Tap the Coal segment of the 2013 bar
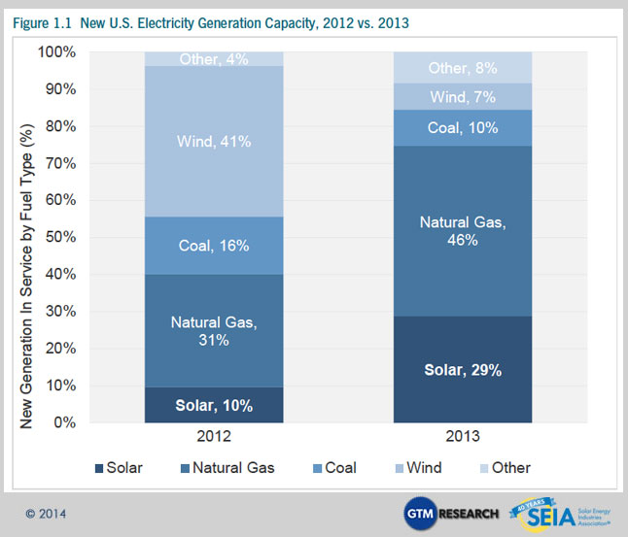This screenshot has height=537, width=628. click(463, 127)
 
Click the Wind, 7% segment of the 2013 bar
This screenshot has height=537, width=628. click(463, 96)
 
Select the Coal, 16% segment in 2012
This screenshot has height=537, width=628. click(214, 246)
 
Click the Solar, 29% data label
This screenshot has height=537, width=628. click(463, 370)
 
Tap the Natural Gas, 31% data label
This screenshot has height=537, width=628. click(214, 330)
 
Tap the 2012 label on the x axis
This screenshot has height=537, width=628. click(214, 438)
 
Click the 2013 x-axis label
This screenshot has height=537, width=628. click(463, 438)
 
